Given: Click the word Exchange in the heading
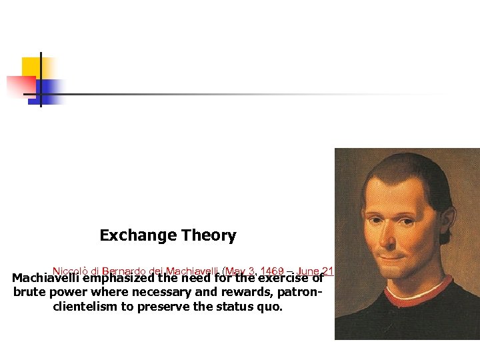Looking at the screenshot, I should [130, 235].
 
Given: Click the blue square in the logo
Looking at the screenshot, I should [50, 89].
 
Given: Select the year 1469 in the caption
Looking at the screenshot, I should [274, 271].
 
